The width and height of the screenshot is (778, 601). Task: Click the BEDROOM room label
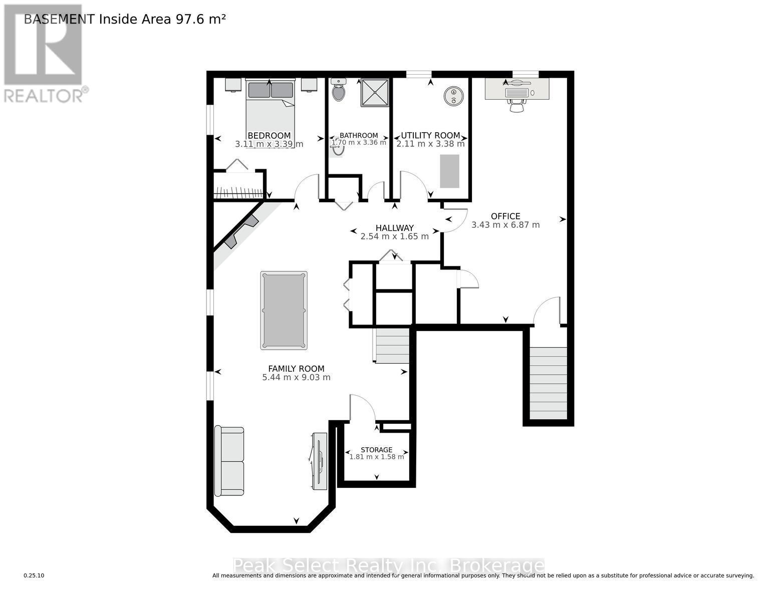(x=269, y=136)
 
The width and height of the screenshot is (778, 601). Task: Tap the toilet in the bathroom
(x=339, y=92)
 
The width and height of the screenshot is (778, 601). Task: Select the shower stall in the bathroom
(x=374, y=92)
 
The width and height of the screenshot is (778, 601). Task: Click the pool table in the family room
(x=284, y=311)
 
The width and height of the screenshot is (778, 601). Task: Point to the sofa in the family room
(x=229, y=461)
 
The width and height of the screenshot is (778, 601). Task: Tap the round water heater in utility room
(x=453, y=96)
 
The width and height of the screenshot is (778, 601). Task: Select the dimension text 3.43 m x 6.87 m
(x=505, y=225)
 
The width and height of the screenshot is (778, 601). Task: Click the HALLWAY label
(x=394, y=228)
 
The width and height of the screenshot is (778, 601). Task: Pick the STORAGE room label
(x=376, y=450)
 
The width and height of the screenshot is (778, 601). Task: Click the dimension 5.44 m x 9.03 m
(x=296, y=378)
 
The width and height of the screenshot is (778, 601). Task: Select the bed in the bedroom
(x=270, y=113)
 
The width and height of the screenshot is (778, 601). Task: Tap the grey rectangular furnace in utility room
(x=449, y=171)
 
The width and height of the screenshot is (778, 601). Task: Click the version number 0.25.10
(x=34, y=576)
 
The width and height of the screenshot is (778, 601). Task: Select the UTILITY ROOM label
(x=430, y=135)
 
